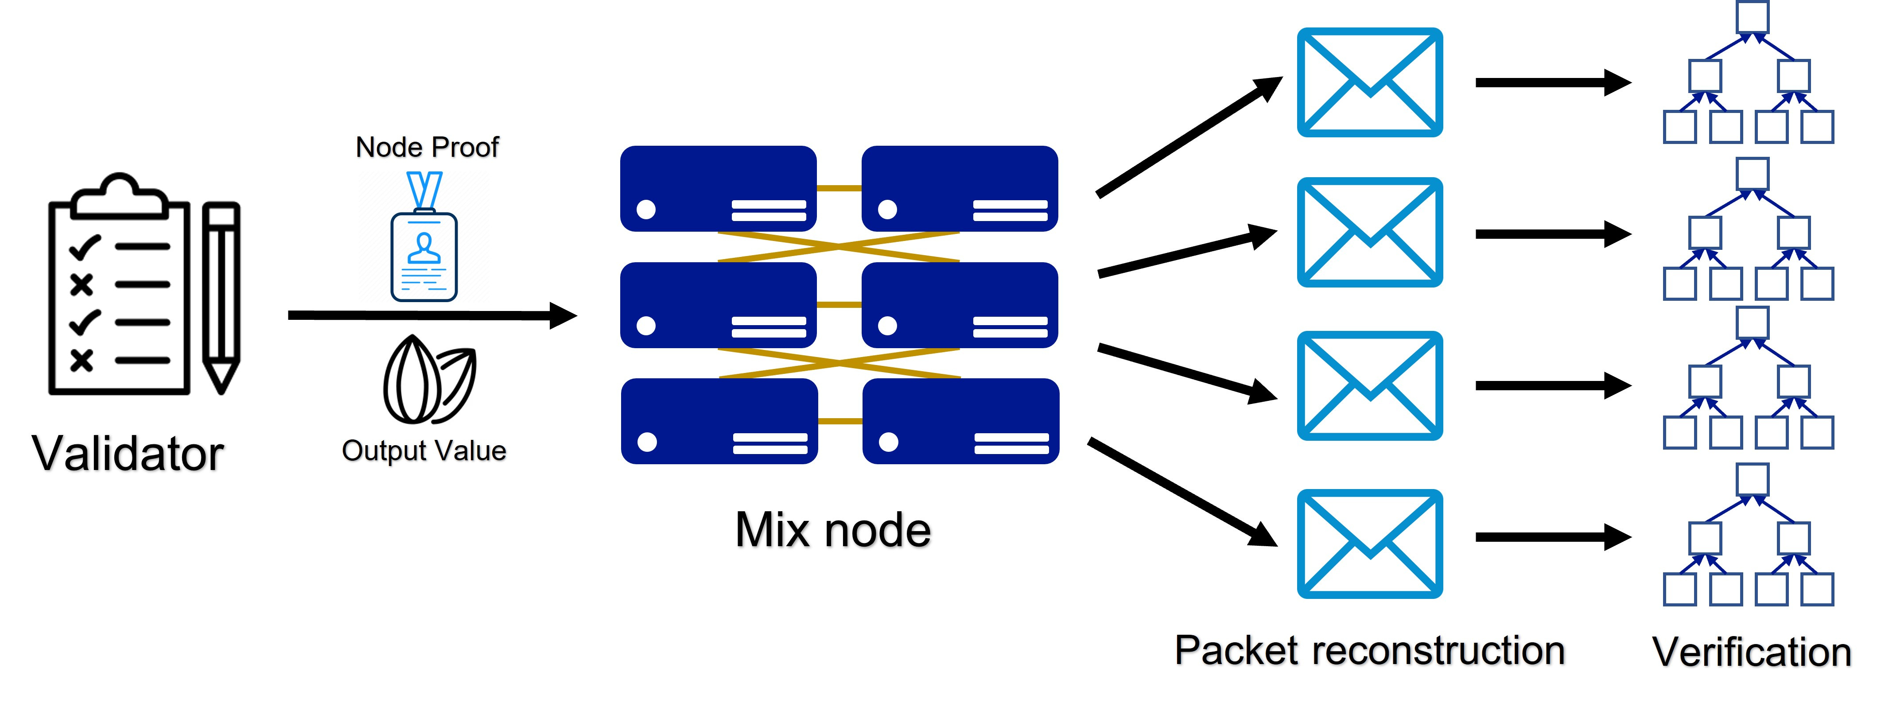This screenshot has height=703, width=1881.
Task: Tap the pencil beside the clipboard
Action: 221,295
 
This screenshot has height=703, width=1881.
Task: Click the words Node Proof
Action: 427,148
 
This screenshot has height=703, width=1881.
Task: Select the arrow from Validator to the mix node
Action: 431,315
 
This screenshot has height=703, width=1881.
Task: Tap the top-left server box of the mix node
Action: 718,188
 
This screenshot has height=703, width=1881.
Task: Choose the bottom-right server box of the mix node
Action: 960,421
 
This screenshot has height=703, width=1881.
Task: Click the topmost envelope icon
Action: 1369,82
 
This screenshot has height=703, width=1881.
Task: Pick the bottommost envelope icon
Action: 1369,544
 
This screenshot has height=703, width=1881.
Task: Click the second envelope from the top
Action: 1369,232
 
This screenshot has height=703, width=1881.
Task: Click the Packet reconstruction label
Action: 1369,650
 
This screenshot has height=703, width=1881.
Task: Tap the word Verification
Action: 1751,652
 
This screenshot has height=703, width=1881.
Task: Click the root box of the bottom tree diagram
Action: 1752,480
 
